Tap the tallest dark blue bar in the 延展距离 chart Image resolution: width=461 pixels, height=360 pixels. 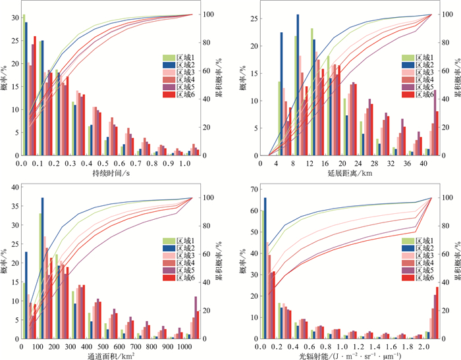click(x=298, y=85)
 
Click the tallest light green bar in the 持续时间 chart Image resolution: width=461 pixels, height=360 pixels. click(x=23, y=85)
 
